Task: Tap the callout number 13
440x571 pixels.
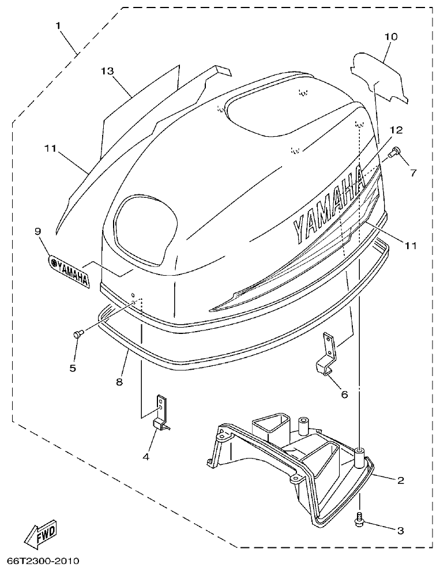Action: click(107, 71)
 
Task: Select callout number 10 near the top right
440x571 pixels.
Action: click(390, 37)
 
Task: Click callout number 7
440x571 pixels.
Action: click(412, 172)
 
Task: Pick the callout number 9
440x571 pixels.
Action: click(37, 231)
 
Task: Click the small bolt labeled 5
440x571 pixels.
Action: click(77, 334)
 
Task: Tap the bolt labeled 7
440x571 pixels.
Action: click(395, 152)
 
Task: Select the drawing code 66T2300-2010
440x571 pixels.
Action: click(43, 561)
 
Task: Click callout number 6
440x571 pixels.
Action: click(344, 395)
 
